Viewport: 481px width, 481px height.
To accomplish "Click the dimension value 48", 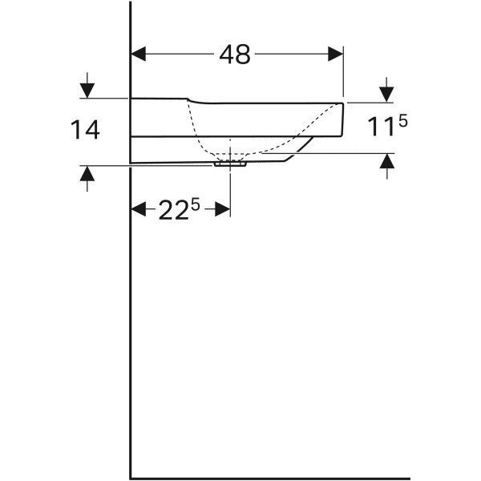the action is coord(235,55).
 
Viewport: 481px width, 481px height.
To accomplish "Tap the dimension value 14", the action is coord(85,130).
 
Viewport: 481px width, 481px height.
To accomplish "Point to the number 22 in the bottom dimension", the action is coord(173,210).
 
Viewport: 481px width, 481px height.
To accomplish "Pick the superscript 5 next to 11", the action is coord(403,121).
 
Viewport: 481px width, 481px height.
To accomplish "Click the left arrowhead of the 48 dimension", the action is coord(139,54).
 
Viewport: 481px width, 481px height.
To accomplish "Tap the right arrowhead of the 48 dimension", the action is coord(336,54).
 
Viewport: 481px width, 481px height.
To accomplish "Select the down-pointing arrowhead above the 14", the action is coord(87,91).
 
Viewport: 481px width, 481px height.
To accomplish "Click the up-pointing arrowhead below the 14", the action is coord(87,173).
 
